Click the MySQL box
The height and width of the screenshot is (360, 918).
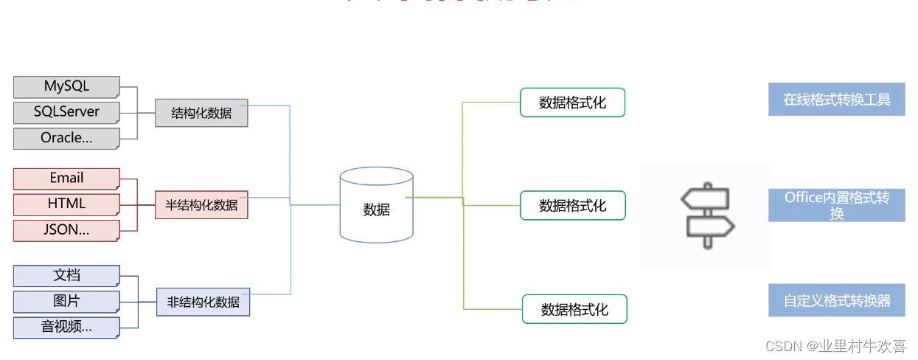point(66,87)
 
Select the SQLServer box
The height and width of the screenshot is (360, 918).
point(66,113)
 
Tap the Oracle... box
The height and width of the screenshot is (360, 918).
point(66,138)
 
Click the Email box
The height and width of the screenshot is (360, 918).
point(66,179)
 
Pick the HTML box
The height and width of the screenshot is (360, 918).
point(66,204)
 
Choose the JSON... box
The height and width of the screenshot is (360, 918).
point(66,229)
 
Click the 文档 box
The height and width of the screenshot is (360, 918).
point(66,276)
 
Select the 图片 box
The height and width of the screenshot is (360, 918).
point(66,301)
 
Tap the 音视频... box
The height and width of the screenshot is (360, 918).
point(66,327)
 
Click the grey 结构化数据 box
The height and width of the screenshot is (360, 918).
point(201,113)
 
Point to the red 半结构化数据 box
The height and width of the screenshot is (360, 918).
point(201,205)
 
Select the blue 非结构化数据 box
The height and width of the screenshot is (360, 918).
point(203,302)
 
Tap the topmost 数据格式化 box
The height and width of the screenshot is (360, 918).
point(572,103)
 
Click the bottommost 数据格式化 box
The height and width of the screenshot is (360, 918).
point(574,309)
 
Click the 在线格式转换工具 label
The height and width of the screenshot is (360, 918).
point(836,99)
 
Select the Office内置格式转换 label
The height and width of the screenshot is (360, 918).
point(836,205)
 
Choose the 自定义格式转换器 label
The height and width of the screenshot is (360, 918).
point(836,301)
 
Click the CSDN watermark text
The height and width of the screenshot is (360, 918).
point(835,346)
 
